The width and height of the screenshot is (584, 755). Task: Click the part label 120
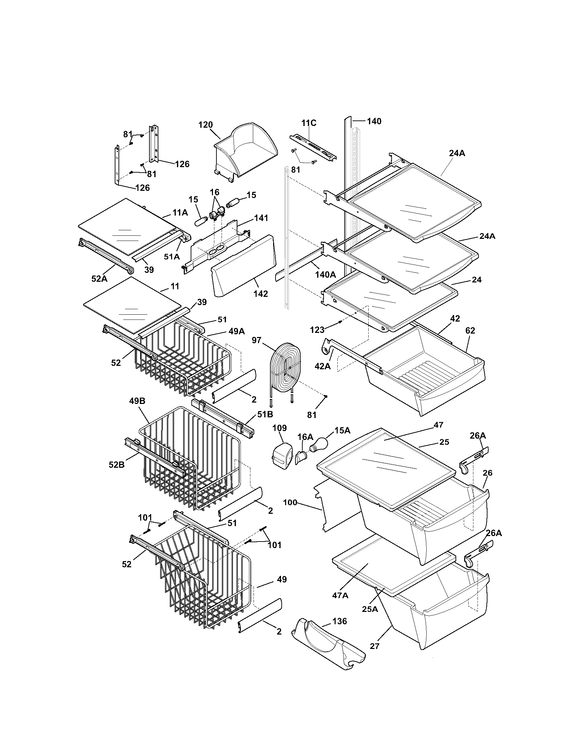click(205, 125)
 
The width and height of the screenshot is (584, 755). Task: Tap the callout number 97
click(257, 340)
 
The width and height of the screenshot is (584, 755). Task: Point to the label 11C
click(309, 123)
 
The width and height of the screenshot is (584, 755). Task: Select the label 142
click(260, 293)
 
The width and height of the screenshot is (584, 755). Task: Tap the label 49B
click(137, 401)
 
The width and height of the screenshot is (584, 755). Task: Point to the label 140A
click(326, 275)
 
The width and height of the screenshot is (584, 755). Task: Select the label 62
click(470, 330)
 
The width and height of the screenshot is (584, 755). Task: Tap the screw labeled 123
click(340, 322)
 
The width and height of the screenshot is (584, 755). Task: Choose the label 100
click(290, 502)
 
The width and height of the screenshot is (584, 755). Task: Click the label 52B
click(116, 465)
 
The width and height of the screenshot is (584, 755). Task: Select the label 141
click(261, 218)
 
